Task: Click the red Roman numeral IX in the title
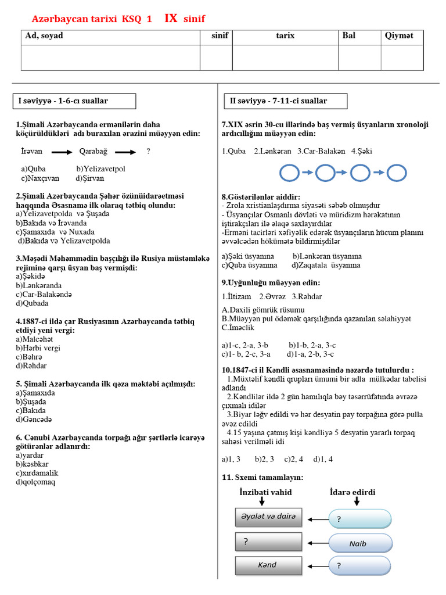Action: (171, 18)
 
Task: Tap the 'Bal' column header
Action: (349, 36)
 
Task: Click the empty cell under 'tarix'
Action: (285, 58)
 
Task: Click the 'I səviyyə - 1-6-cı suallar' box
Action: (74, 101)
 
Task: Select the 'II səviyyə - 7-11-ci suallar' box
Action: (285, 101)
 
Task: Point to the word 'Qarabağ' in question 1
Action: (93, 152)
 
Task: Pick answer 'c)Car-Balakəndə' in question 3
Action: (44, 294)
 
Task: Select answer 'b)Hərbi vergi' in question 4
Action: (38, 348)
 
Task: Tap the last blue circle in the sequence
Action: (397, 173)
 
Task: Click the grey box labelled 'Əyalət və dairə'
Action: (269, 517)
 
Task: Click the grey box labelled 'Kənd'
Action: (269, 565)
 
